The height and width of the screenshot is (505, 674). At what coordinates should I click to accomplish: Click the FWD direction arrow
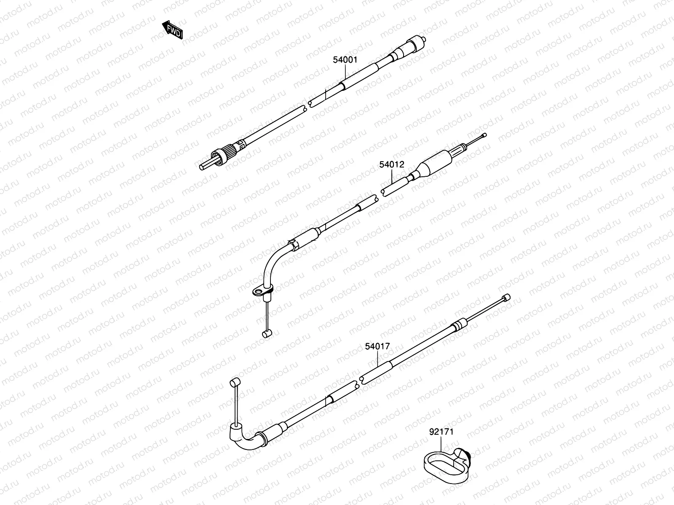point(172,30)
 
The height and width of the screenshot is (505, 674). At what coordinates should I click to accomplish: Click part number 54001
point(345,60)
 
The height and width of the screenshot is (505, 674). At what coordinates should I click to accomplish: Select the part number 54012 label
point(391,165)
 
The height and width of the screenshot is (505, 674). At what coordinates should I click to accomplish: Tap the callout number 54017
point(377,347)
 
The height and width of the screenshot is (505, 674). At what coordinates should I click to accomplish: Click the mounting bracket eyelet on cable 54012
point(257,290)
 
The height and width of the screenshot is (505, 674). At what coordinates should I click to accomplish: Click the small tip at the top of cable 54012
point(484,136)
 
